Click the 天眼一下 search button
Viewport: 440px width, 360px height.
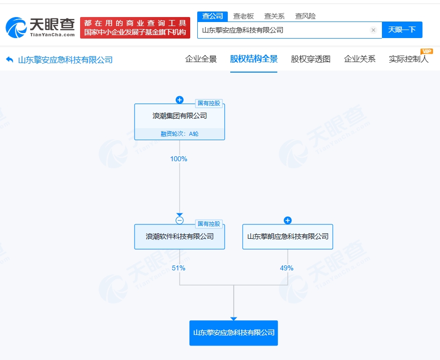pos(402,30)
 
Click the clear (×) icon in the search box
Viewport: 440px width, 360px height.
pos(373,30)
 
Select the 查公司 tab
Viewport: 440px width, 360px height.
pos(212,16)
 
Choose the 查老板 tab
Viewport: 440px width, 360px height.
pos(243,16)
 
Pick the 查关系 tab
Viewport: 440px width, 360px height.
pos(274,16)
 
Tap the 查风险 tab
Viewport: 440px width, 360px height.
pos(305,16)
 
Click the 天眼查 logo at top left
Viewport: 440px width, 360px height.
pos(40,27)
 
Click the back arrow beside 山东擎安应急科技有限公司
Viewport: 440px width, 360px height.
pos(10,60)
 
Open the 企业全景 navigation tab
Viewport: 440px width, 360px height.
pos(201,59)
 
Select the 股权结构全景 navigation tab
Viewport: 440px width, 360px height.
pos(254,59)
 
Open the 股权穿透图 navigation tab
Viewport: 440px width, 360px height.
pos(311,59)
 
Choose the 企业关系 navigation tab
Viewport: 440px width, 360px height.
pos(359,59)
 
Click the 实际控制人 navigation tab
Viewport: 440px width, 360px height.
pos(408,59)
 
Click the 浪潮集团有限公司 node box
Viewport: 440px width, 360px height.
pos(179,116)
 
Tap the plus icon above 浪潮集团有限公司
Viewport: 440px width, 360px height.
pos(180,100)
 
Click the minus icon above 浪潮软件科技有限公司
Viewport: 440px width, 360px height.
pos(180,220)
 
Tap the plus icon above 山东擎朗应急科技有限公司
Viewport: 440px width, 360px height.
pos(288,220)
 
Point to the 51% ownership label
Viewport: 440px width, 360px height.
pos(179,268)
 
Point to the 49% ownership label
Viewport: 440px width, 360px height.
pos(287,268)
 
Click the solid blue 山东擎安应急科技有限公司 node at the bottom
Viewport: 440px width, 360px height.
pos(233,333)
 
